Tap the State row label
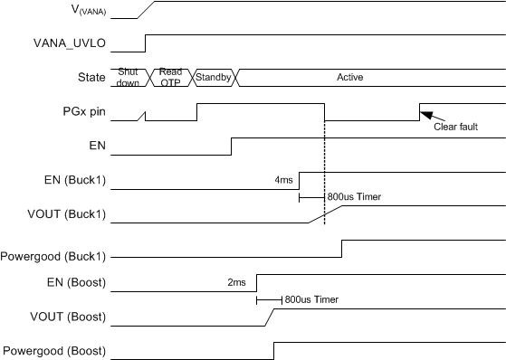[x=89, y=77]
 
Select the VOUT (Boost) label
[x=71, y=317]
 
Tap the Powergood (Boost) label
[x=53, y=350]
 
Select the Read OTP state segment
[x=170, y=77]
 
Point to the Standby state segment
[x=213, y=77]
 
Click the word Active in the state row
[x=349, y=77]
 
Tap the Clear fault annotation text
[x=456, y=128]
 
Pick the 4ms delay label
[x=283, y=179]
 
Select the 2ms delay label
[x=236, y=282]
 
